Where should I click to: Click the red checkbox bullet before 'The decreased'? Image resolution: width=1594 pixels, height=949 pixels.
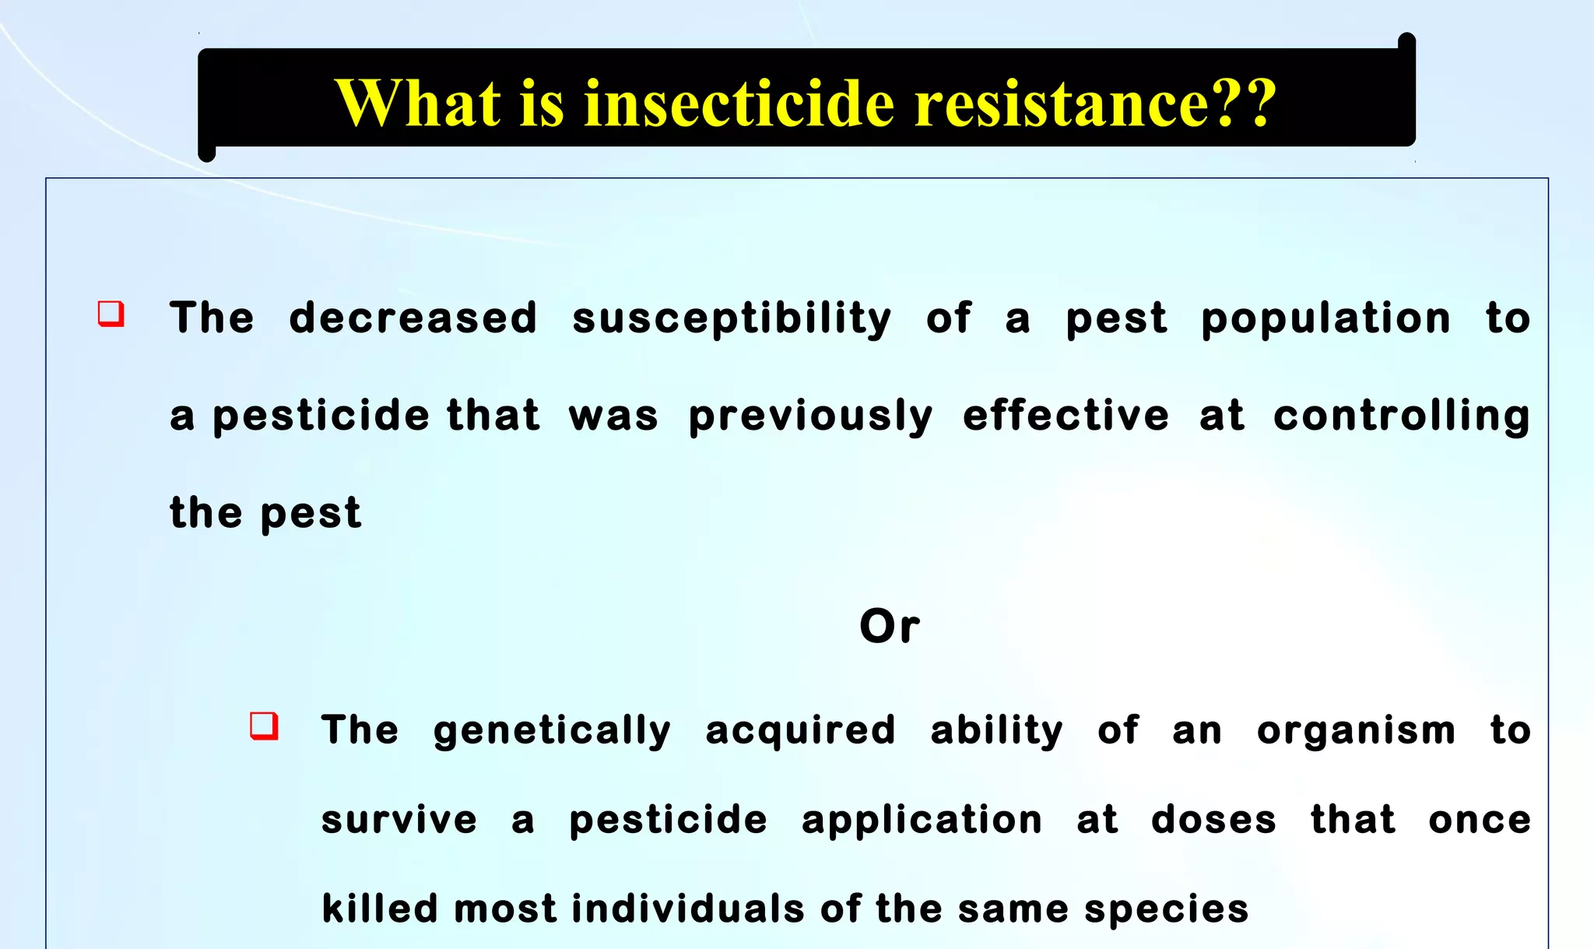(x=111, y=314)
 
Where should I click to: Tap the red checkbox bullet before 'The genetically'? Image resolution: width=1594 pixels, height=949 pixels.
(x=264, y=726)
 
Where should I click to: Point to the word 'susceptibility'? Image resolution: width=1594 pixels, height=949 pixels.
(x=732, y=319)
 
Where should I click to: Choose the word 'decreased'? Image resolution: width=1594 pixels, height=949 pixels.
(x=413, y=318)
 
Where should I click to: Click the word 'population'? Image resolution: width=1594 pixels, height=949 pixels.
(x=1325, y=319)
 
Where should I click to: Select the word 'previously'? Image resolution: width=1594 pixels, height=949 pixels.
(x=810, y=417)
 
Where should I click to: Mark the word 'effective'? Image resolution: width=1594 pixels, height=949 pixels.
(x=1066, y=415)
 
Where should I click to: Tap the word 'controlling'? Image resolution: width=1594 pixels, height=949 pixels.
(x=1402, y=417)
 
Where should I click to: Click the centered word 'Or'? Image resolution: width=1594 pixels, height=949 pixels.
(x=890, y=626)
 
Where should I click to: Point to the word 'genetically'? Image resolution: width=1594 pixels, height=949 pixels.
(x=552, y=731)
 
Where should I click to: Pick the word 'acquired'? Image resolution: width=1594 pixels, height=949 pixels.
(x=801, y=731)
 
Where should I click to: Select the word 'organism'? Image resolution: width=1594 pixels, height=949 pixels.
(x=1356, y=731)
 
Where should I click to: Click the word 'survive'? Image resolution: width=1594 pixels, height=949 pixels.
(x=399, y=820)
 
